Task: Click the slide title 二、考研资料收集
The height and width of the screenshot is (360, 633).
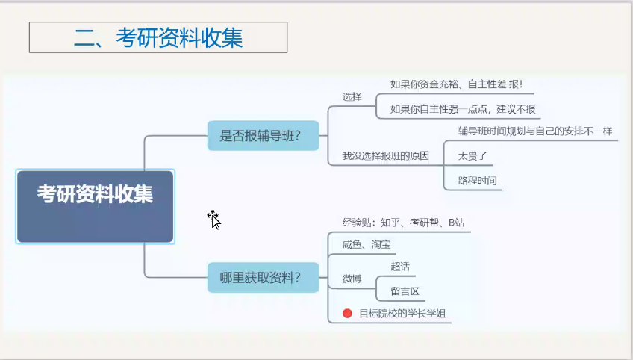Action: [x=158, y=37]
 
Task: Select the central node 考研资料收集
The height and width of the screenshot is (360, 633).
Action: [x=95, y=196]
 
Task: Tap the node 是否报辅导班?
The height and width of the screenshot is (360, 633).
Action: [x=264, y=136]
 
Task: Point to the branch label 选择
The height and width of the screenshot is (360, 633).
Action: [x=352, y=97]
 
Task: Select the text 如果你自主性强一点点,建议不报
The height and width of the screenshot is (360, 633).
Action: [x=463, y=110]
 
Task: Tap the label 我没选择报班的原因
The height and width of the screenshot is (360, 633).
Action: [x=386, y=156]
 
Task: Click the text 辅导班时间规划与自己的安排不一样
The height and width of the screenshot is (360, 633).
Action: [x=534, y=131]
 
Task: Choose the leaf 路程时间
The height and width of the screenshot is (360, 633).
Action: [x=477, y=180]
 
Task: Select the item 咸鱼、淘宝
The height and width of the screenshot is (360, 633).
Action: [x=366, y=244]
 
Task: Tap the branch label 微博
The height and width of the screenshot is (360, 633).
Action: [x=352, y=279]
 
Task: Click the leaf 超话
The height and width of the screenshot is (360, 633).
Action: [x=400, y=267]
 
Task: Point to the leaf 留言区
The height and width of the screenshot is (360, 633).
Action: [x=405, y=291]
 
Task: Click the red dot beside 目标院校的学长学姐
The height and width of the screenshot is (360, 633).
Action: [x=347, y=314]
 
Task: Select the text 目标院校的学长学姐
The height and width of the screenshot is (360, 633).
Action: [x=402, y=314]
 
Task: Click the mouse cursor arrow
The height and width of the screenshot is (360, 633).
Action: [x=214, y=219]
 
